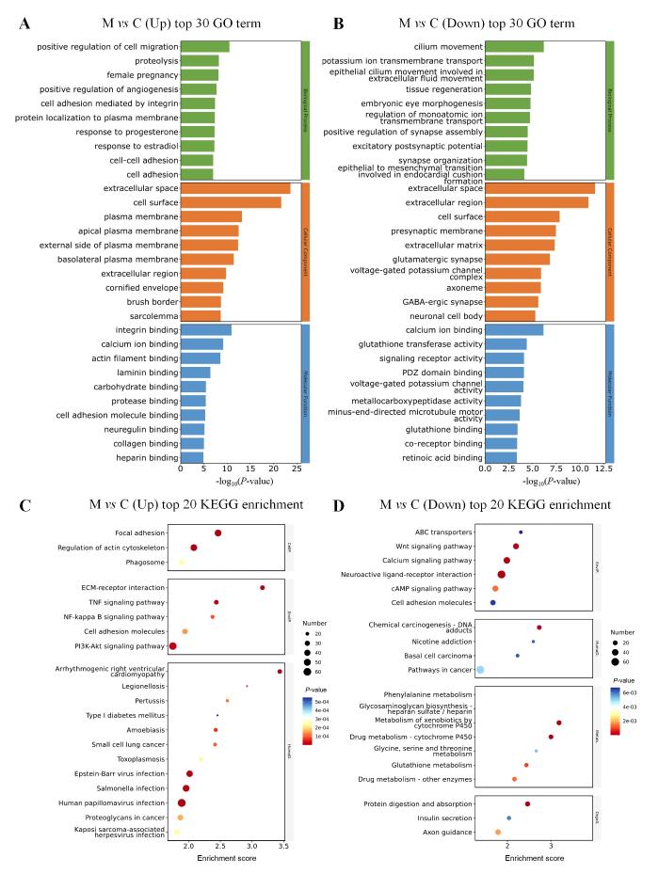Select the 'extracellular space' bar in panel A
coord(235,188)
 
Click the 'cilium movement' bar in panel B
coord(514,46)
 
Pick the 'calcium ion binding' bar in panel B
coord(514,329)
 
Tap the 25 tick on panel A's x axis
coord(296,468)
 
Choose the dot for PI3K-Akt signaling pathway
coord(173,646)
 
